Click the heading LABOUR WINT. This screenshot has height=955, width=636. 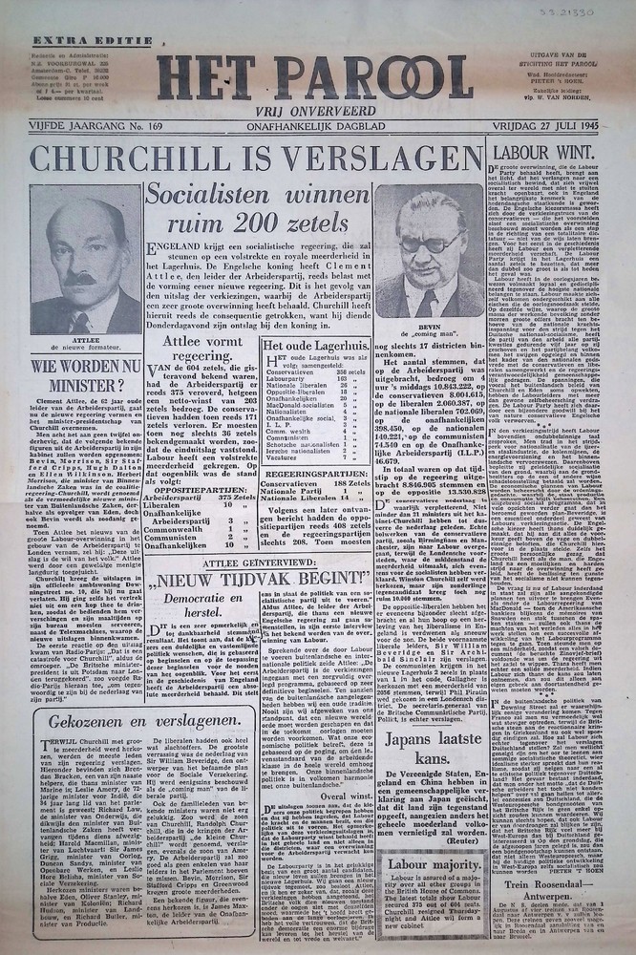(548, 150)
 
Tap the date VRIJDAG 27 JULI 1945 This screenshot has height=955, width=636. (547, 122)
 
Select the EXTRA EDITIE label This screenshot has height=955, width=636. (75, 40)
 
